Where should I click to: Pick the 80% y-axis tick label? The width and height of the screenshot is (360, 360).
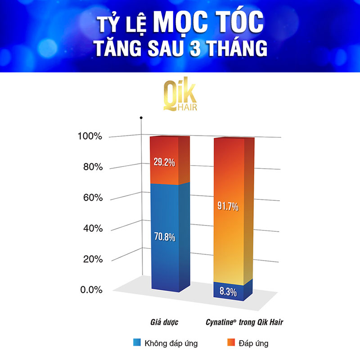pyautogui.click(x=94, y=168)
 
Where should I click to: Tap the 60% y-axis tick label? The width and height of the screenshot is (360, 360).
pyautogui.click(x=94, y=198)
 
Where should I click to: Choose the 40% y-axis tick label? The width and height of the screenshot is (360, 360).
pyautogui.click(x=94, y=229)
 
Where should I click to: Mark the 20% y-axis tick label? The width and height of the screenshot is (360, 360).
pyautogui.click(x=94, y=260)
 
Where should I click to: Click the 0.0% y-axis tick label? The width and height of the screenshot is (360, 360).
pyautogui.click(x=92, y=290)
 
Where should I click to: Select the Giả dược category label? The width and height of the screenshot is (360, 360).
pyautogui.click(x=165, y=322)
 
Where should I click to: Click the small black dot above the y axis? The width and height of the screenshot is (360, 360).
pyautogui.click(x=141, y=118)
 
